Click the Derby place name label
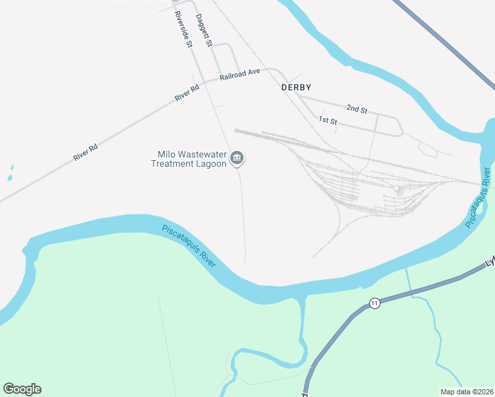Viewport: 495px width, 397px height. pos(296,87)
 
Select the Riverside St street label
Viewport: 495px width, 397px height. pos(183,30)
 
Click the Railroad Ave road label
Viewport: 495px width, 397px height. pos(240,74)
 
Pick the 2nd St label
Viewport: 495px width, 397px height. pos(357,109)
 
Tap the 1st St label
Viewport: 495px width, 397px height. pos(328,120)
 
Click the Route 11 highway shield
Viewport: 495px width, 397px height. pos(375,303)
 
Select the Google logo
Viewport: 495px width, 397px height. pos(22,389)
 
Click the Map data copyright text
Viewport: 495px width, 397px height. pos(466,391)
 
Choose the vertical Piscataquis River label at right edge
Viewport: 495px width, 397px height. pos(478,198)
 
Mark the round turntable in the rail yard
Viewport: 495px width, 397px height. pos(396,189)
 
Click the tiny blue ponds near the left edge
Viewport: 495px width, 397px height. pos(10,175)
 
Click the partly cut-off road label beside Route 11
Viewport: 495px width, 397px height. pos(490,263)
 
